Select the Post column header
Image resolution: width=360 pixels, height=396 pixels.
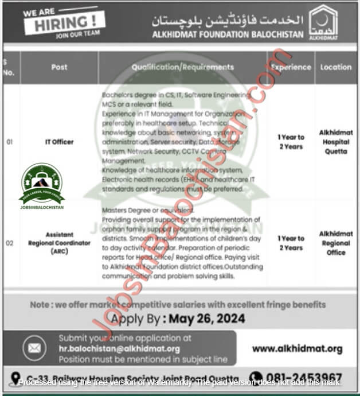pyautogui.click(x=59, y=67)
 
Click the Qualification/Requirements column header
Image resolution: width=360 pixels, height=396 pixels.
pyautogui.click(x=182, y=67)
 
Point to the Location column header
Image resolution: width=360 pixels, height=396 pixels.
pyautogui.click(x=335, y=67)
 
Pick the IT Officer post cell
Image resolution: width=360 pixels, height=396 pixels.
pyautogui.click(x=59, y=142)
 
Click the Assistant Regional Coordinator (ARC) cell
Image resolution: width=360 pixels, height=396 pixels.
pyautogui.click(x=59, y=243)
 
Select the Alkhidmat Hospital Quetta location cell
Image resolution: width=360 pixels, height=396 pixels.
pyautogui.click(x=335, y=142)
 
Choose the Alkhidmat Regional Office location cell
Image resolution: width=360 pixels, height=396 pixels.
pyautogui.click(x=335, y=243)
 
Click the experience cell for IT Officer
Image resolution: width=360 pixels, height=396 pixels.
pyautogui.click(x=291, y=142)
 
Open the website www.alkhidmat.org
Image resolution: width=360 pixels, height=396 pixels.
pyautogui.click(x=297, y=348)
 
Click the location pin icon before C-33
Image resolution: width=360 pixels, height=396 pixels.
pyautogui.click(x=17, y=378)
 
